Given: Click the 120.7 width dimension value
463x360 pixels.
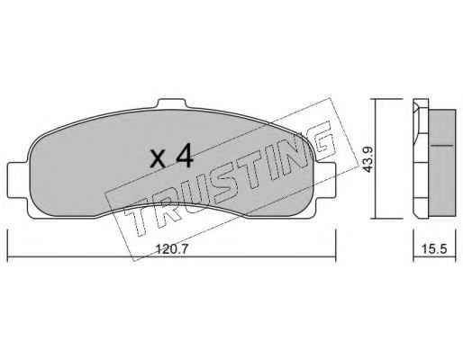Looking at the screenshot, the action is (x=172, y=248).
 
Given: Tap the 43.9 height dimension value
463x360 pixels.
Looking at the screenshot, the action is (x=368, y=159).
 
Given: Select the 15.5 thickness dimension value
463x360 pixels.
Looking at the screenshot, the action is (x=434, y=248).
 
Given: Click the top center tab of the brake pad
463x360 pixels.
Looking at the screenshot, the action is (x=172, y=103).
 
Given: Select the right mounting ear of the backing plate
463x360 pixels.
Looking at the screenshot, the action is (x=325, y=180).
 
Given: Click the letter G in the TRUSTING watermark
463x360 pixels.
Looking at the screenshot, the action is (x=322, y=140).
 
